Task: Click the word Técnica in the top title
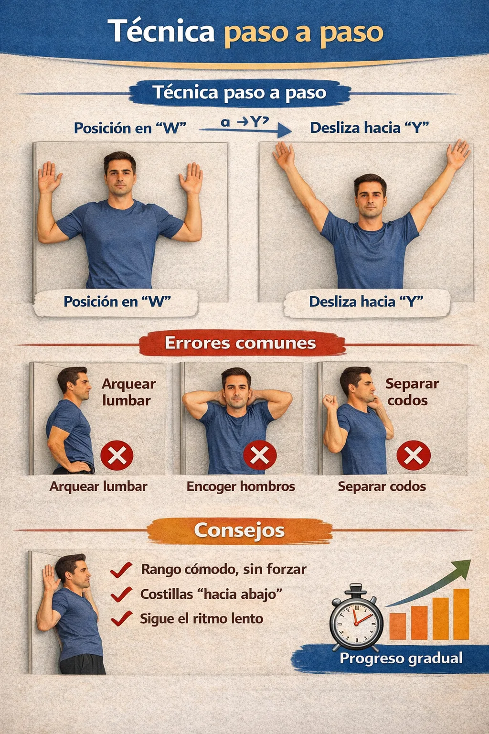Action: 161,31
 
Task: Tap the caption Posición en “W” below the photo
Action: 117,302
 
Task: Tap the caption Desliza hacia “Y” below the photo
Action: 366,302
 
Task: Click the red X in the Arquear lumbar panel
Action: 117,455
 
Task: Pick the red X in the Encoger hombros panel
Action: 260,455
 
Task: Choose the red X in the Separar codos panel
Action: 414,455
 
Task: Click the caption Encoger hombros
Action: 241,486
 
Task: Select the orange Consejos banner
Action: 240,530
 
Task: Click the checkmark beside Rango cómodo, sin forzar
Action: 121,570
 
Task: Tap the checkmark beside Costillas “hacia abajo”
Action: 121,594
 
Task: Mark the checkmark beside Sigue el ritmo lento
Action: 121,619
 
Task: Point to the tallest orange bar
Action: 461,614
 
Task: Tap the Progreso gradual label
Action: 401,658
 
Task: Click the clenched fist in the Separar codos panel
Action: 330,401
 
